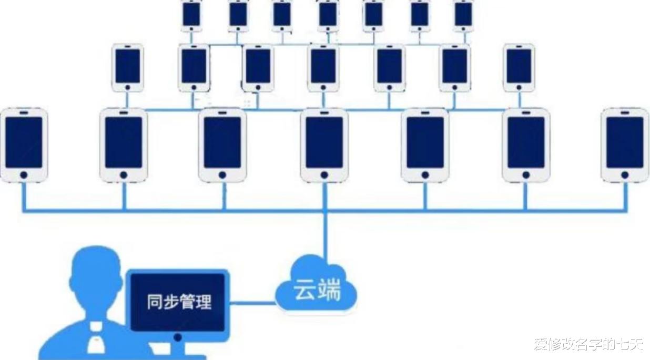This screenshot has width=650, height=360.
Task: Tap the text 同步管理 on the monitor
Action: [179, 302]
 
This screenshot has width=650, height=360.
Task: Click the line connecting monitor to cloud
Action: [252, 303]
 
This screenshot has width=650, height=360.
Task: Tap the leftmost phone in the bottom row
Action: [24, 145]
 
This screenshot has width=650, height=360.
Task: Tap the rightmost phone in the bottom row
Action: [625, 145]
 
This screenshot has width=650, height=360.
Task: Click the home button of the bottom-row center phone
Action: [324, 175]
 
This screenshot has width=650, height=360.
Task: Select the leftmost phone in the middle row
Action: [127, 68]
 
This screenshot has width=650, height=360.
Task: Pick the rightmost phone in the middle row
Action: [519, 68]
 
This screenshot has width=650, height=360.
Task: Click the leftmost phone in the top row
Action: [191, 16]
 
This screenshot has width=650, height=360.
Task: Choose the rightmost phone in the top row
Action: [463, 16]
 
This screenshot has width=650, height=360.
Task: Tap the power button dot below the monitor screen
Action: [178, 337]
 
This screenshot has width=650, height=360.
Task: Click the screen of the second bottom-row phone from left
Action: [124, 142]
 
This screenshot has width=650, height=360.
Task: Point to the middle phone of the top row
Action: [328, 16]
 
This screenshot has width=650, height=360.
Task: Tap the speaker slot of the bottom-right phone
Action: [625, 112]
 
